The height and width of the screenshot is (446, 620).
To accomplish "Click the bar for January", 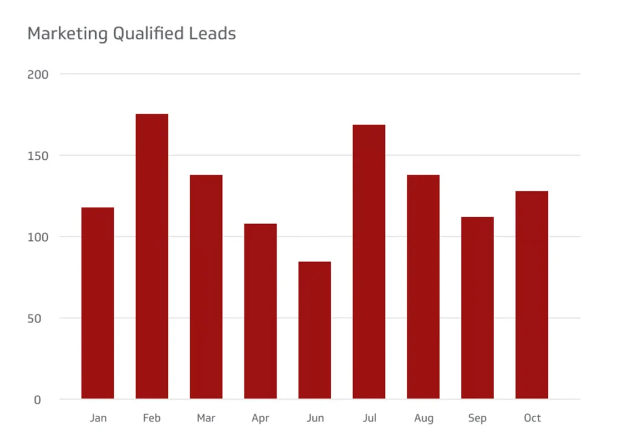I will tap(97, 303).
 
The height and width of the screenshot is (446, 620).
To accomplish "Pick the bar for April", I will tap(260, 311).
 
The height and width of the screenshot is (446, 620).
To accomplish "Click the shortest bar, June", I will tap(315, 330).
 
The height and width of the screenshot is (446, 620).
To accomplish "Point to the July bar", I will tap(369, 261).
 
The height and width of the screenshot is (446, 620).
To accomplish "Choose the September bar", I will tap(477, 307).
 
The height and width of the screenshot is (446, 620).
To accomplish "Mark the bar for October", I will tap(532, 295).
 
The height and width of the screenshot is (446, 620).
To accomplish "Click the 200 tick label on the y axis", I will tap(38, 74).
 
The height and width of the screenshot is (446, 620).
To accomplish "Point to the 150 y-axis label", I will tap(38, 156).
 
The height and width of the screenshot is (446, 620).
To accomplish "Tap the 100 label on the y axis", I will tap(38, 237).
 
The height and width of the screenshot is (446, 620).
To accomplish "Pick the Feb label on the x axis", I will tap(152, 418).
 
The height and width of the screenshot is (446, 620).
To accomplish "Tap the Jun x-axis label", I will tap(315, 418).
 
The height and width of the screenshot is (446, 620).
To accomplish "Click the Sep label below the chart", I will tap(477, 418).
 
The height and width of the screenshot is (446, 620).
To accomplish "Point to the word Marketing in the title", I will tap(67, 34).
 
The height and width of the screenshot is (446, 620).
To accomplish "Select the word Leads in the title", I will tap(216, 33).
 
